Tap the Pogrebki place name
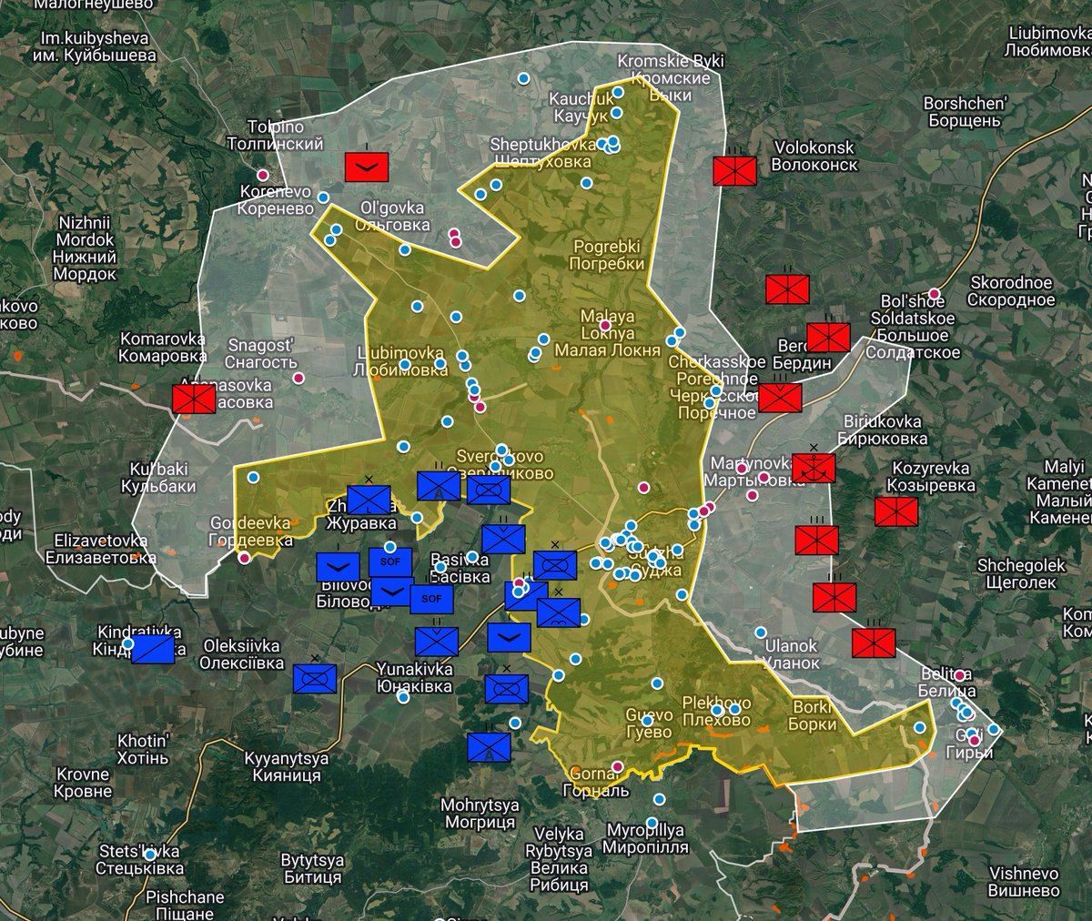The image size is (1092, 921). click(607, 255)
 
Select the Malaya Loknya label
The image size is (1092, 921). click(607, 333)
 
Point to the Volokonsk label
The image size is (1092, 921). click(814, 156)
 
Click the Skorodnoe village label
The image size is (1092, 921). click(1011, 291)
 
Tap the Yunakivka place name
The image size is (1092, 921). click(415, 678)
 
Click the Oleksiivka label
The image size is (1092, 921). click(242, 654)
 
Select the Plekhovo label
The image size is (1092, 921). click(717, 712)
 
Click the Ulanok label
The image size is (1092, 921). click(792, 654)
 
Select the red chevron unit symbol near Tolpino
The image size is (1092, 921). click(368, 167)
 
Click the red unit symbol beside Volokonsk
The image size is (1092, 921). click(735, 170)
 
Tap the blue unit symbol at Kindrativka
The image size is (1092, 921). click(153, 649)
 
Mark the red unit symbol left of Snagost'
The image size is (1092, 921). click(194, 399)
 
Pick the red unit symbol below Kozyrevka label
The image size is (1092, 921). click(896, 511)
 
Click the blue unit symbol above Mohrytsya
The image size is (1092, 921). click(489, 747)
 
